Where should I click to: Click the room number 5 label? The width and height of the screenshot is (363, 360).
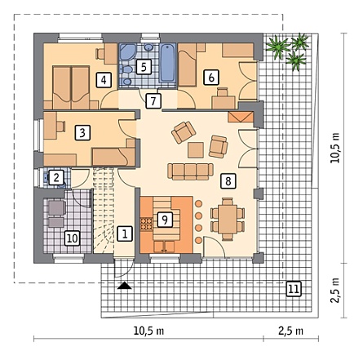tap(144, 67)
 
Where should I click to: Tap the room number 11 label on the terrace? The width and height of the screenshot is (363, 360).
tap(294, 289)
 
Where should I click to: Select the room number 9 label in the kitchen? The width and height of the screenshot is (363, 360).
tap(165, 220)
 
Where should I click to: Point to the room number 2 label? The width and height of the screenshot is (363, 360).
tap(56, 178)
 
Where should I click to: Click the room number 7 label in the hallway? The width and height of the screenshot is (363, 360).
tap(153, 101)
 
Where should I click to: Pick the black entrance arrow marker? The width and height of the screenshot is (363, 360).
tap(125, 285)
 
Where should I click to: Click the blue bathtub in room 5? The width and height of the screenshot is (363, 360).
tap(167, 64)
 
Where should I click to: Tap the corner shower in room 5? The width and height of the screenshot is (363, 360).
tap(127, 51)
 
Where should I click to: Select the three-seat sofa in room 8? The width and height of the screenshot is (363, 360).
tap(190, 171)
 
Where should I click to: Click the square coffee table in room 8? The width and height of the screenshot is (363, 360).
tap(196, 150)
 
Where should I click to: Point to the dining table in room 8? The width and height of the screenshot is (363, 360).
tap(228, 219)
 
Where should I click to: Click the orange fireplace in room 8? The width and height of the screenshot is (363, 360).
tap(241, 117)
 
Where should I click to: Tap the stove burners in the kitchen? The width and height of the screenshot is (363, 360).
tap(146, 224)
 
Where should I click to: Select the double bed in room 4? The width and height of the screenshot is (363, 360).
tap(71, 87)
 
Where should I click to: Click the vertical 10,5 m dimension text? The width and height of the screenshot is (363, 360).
tap(335, 148)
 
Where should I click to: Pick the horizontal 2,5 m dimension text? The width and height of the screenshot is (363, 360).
tap(290, 331)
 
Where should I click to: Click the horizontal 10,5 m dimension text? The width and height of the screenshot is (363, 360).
tap(148, 331)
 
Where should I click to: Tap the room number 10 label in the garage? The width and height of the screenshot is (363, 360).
tap(72, 238)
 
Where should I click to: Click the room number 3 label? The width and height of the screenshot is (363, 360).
tap(82, 133)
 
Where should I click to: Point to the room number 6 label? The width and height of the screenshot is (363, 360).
tap(211, 78)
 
